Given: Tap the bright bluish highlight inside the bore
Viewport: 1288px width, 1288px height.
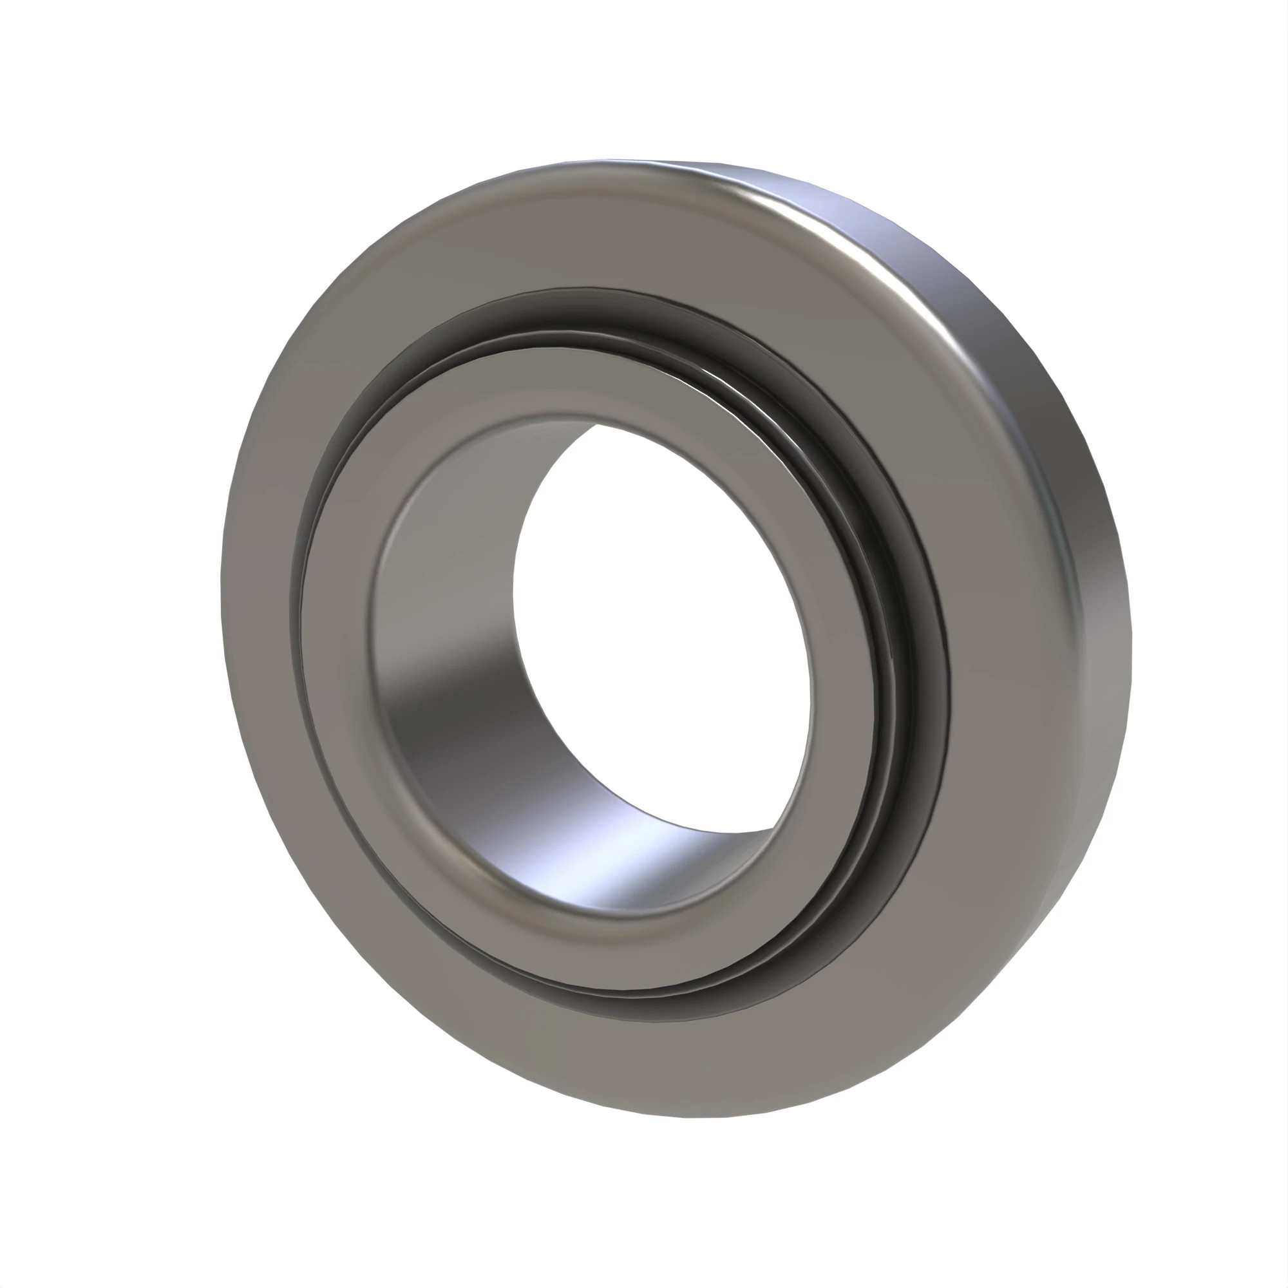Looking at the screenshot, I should click(x=620, y=867).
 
